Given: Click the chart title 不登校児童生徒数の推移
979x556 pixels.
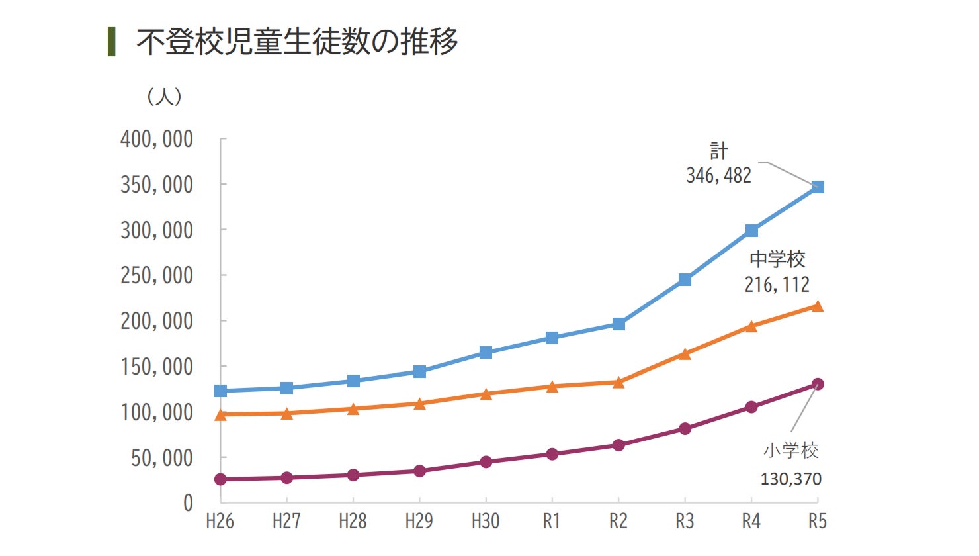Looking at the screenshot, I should [297, 42].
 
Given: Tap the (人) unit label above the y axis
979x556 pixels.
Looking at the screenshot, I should [164, 97].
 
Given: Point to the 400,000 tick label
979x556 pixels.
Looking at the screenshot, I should [157, 139].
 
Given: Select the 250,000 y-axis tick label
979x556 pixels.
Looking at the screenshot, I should [157, 275].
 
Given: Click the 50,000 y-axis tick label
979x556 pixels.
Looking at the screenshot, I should [162, 458].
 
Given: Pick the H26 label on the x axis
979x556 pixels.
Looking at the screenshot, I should [220, 522].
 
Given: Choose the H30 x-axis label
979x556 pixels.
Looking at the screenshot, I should [486, 522].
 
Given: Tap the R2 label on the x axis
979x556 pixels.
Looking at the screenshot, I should [618, 522].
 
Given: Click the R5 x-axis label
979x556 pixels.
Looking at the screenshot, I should [818, 522].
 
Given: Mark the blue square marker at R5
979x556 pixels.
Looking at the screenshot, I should [818, 187].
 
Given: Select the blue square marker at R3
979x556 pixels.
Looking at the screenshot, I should [685, 280].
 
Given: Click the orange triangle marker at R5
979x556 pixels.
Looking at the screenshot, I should [818, 306].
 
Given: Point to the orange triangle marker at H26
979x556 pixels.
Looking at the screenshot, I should [221, 415].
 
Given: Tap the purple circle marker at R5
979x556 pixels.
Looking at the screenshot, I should [818, 384].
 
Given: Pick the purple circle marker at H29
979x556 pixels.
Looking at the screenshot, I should [419, 471].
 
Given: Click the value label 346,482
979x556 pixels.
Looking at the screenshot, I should [719, 175].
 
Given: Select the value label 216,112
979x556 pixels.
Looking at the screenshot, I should [777, 285].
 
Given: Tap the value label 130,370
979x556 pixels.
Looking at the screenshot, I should [791, 479].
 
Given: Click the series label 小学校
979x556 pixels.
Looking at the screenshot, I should [791, 451].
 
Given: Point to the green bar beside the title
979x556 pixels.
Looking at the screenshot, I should [112, 42].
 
